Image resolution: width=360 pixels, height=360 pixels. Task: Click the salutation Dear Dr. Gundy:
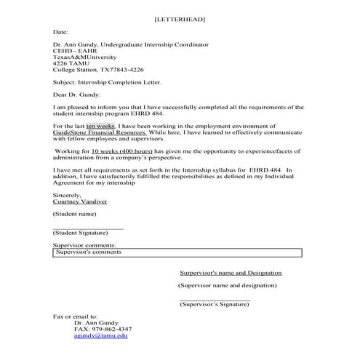[78, 94]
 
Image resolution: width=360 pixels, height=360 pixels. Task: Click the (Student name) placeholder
[75, 215]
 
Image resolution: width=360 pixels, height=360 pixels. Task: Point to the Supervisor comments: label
[85, 247]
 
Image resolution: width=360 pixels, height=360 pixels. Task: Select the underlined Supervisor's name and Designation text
[231, 273]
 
